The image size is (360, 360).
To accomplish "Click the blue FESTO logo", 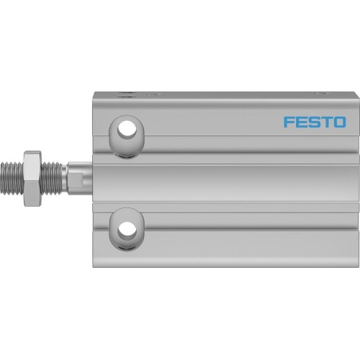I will click(314, 122).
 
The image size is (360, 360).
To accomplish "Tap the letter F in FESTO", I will click(288, 122).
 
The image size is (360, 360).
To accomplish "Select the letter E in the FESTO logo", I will click(300, 122).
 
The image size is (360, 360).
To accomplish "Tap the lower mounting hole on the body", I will click(127, 230).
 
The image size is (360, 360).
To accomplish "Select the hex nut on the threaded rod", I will click(32, 179).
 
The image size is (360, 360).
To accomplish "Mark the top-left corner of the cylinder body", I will click(93, 92).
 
